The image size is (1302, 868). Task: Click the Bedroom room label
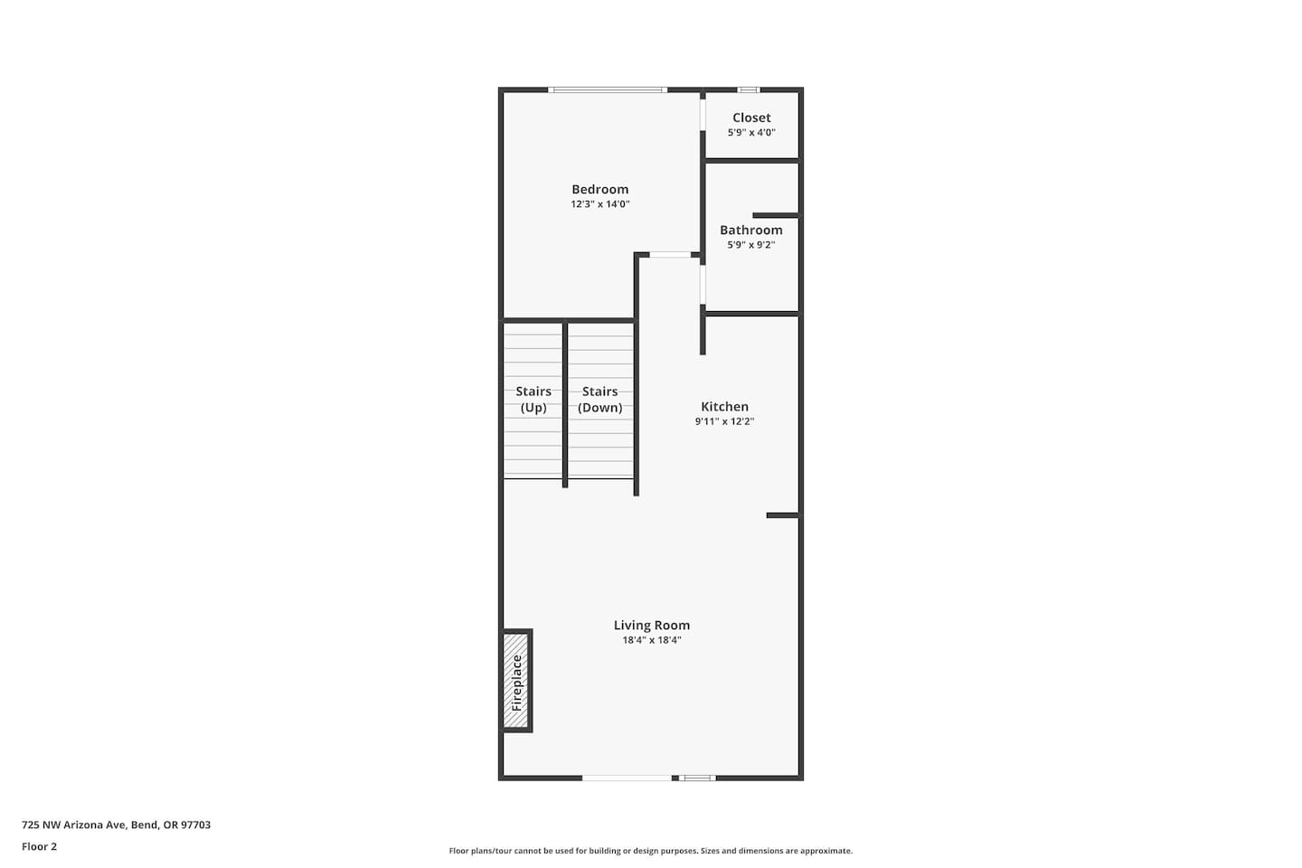[599, 190]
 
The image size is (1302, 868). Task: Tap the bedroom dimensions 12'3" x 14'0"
[599, 204]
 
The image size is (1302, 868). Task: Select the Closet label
[751, 118]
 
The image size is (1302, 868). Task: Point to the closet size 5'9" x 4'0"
[751, 133]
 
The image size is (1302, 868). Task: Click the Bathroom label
[751, 231]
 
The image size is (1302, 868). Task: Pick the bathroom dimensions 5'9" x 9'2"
[751, 245]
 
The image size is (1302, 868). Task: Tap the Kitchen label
[724, 407]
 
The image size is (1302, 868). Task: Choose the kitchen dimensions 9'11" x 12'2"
[724, 421]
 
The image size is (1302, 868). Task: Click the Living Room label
[652, 626]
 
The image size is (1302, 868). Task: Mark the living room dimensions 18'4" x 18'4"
[652, 640]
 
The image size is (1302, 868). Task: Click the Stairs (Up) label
[533, 400]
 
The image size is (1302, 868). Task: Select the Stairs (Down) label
[599, 400]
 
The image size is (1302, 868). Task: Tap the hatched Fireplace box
[516, 681]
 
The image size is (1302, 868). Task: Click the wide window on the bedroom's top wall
[608, 90]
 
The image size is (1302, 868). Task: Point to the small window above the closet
[749, 90]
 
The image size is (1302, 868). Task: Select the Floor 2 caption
[40, 846]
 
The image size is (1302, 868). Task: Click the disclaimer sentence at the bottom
[650, 851]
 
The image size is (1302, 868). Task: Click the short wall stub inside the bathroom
[776, 215]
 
